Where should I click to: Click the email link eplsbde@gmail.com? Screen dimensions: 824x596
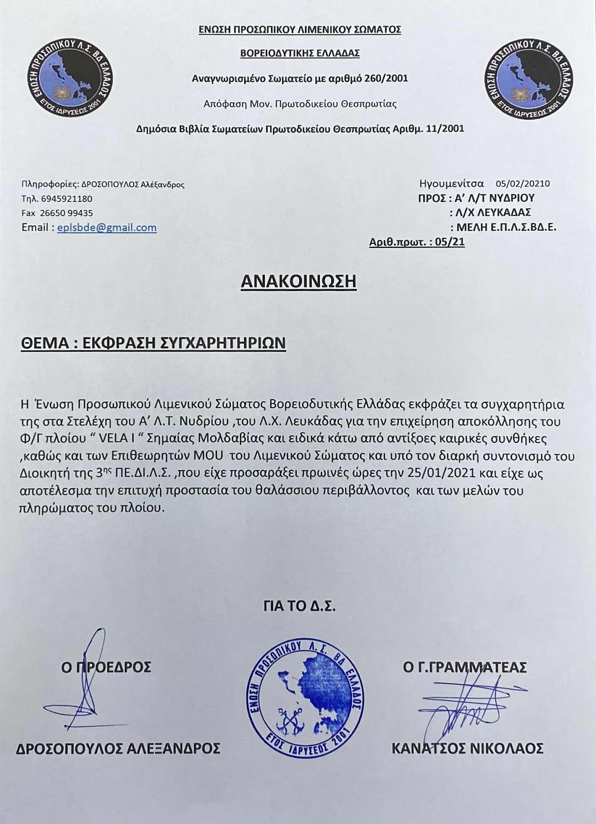(x=107, y=228)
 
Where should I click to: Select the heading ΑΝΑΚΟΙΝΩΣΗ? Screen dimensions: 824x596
(x=298, y=281)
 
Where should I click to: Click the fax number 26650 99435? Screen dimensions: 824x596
(x=65, y=213)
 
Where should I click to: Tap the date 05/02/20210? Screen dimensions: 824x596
(x=523, y=183)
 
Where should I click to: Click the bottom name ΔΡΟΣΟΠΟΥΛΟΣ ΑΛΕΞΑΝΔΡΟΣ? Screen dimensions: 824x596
(x=118, y=748)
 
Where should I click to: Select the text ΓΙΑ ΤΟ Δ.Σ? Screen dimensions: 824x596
(x=299, y=606)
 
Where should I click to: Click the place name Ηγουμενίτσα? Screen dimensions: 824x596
(x=451, y=183)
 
